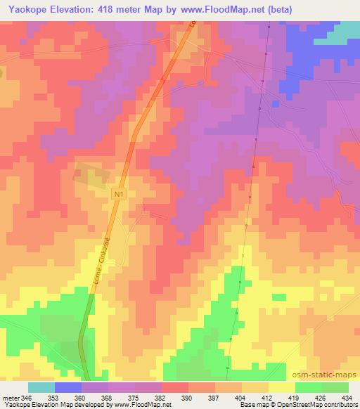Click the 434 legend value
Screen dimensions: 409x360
346,398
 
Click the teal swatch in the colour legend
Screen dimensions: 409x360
41,387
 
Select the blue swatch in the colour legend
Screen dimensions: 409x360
68,387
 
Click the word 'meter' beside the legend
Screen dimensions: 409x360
11,398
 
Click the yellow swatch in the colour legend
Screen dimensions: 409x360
282,387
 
